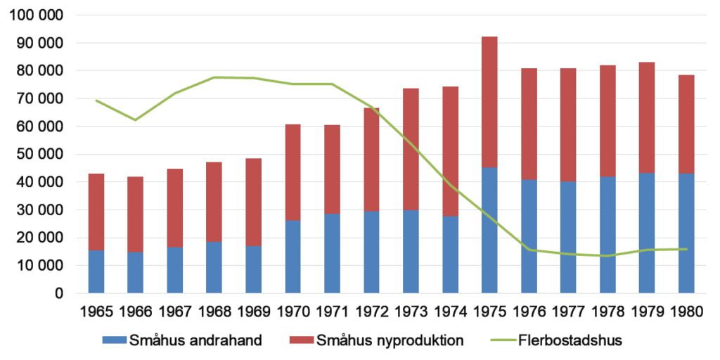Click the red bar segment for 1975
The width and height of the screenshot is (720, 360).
(x=489, y=102)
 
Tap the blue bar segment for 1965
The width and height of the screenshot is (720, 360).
(x=96, y=271)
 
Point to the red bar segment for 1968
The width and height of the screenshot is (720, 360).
(x=214, y=202)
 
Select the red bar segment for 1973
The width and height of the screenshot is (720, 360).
(x=411, y=149)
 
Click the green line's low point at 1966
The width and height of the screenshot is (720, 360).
(x=136, y=120)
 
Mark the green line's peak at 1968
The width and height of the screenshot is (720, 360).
(x=214, y=77)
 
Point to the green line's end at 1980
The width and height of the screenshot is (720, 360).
(x=686, y=249)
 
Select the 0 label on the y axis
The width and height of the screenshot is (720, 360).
(x=60, y=293)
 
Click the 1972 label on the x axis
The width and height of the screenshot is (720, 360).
(x=371, y=311)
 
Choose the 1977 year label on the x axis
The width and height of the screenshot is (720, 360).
(x=568, y=311)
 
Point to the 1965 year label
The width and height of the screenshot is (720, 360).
(x=96, y=311)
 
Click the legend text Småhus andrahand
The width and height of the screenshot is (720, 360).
(x=195, y=341)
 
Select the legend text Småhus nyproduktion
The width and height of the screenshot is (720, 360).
(x=390, y=341)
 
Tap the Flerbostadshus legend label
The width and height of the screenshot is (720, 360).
(x=569, y=341)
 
